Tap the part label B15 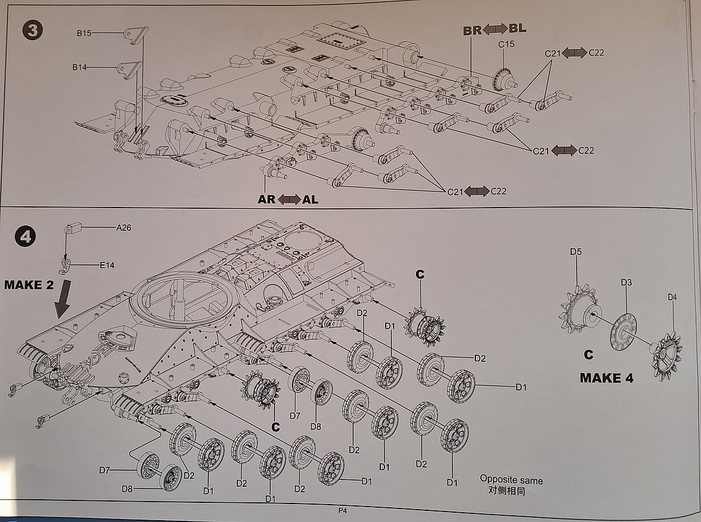point(84,33)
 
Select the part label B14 point(79,67)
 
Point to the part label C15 point(506,44)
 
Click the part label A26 point(124,227)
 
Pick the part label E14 point(107,265)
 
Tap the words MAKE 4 point(606,377)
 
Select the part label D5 point(576,251)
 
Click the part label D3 point(626,282)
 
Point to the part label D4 point(672,297)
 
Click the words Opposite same point(511,480)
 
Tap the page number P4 point(342,510)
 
